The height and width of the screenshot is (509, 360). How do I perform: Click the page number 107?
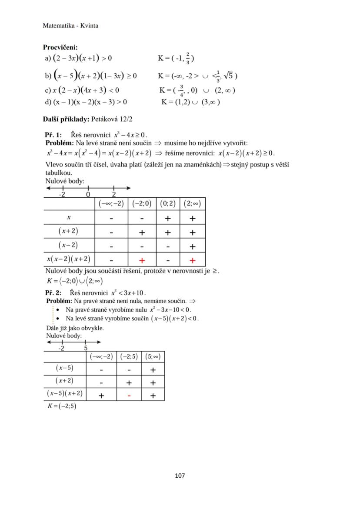(x=180, y=476)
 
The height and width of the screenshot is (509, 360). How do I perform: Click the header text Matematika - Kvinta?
(x=70, y=26)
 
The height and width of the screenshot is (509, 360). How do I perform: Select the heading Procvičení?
(x=60, y=47)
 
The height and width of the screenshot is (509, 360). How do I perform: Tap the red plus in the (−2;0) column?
(x=142, y=260)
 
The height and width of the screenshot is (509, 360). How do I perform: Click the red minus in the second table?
(x=129, y=396)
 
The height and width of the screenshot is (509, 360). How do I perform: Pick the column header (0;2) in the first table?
(x=167, y=203)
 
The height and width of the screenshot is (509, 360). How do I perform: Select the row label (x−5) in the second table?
(x=65, y=368)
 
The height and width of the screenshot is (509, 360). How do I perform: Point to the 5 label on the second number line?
(x=86, y=348)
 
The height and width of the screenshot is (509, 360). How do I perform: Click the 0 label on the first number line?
(x=88, y=194)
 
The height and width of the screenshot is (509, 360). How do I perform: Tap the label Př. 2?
(x=53, y=293)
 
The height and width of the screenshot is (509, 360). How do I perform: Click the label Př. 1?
(x=53, y=135)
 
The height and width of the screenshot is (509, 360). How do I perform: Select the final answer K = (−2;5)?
(x=62, y=406)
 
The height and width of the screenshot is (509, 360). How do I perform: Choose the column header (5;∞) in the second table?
(x=153, y=357)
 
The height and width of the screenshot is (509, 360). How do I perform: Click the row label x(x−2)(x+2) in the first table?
(x=69, y=259)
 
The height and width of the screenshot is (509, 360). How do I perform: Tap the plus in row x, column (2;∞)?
(x=193, y=219)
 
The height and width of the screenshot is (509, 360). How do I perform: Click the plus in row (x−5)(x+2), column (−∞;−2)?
(x=101, y=396)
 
